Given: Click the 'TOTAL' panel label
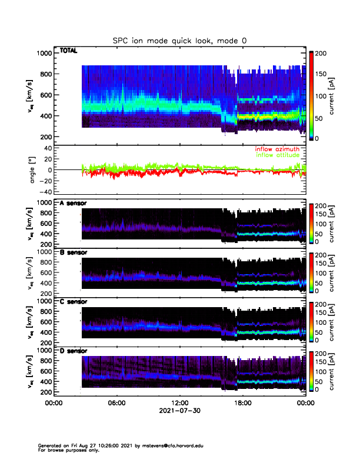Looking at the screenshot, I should [69, 51].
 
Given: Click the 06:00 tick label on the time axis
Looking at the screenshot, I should [116, 404].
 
